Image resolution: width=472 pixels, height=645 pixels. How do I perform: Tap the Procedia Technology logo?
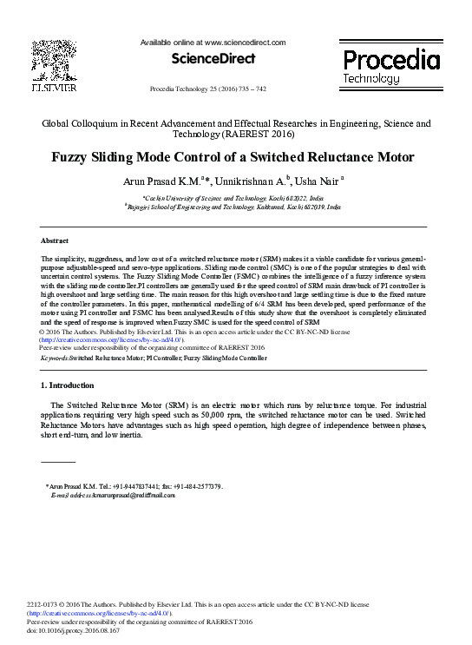(x=390, y=65)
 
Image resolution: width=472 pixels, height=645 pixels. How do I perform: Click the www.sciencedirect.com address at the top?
(x=245, y=42)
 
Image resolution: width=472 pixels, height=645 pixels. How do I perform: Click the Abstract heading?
(x=56, y=240)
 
